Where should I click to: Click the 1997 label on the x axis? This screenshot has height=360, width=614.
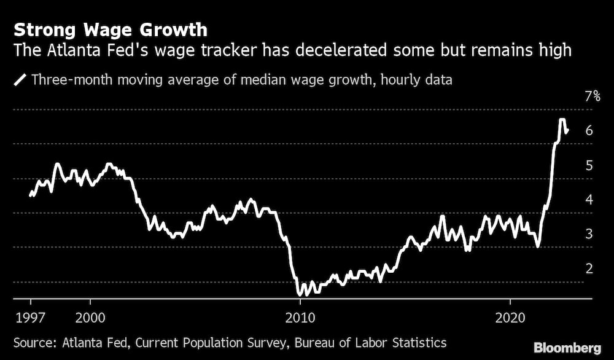(31, 319)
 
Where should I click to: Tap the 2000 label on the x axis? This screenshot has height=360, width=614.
(90, 319)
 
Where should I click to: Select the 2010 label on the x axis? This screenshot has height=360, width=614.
(300, 319)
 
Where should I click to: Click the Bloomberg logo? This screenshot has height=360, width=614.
(568, 347)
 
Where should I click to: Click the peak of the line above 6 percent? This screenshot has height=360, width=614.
(561, 119)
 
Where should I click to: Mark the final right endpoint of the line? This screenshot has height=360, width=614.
(568, 130)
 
